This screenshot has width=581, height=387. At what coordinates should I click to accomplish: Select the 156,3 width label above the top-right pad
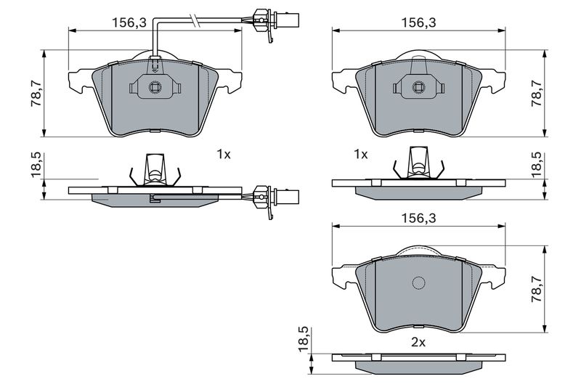point(419,23)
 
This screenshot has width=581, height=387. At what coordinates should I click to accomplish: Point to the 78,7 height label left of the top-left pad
point(34,92)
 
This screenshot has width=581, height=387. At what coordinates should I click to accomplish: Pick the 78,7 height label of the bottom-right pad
point(537,288)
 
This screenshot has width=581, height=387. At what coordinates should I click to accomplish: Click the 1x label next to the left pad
point(223,154)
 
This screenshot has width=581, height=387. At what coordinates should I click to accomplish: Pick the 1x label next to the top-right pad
point(360,154)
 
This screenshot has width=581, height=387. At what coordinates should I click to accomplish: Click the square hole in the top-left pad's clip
point(154,89)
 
